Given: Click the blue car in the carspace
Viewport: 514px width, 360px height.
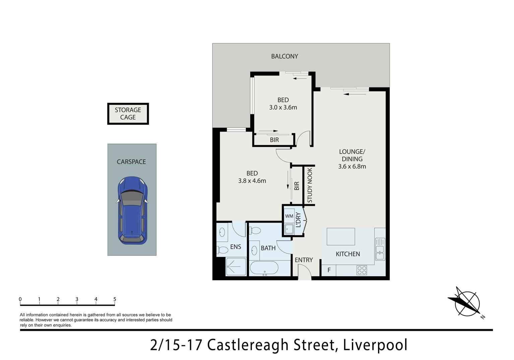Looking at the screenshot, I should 132,211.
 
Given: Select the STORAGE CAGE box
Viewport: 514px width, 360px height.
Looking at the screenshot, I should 128,114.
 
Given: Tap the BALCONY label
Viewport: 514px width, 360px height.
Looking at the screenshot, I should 284,56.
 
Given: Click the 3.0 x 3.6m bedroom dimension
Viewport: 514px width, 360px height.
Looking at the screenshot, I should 283,108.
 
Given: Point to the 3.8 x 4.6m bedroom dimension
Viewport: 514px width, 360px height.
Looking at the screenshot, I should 252,181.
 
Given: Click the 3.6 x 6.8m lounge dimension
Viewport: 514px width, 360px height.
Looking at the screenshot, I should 352,167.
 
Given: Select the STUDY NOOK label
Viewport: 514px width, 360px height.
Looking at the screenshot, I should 310,185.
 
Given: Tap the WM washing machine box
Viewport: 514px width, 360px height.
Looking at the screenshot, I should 289,216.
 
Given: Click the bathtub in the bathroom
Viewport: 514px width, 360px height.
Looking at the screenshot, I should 264,268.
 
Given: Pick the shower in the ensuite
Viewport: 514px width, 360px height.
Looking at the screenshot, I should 236,266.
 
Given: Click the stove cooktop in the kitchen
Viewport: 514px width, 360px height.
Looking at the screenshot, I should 362,270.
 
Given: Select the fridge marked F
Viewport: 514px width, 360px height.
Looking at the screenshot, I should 329,270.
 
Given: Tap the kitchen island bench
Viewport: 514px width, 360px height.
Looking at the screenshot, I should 340,237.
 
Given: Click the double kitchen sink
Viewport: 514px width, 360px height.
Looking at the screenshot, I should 380,249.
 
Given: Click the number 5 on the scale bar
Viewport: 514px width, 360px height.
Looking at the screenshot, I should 115,299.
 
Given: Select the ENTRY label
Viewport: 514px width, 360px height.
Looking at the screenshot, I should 304,260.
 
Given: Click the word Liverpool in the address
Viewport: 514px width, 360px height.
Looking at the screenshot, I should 375,345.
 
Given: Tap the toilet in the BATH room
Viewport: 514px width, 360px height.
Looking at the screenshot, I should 256,231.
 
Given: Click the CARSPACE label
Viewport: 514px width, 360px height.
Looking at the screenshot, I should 131,162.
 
